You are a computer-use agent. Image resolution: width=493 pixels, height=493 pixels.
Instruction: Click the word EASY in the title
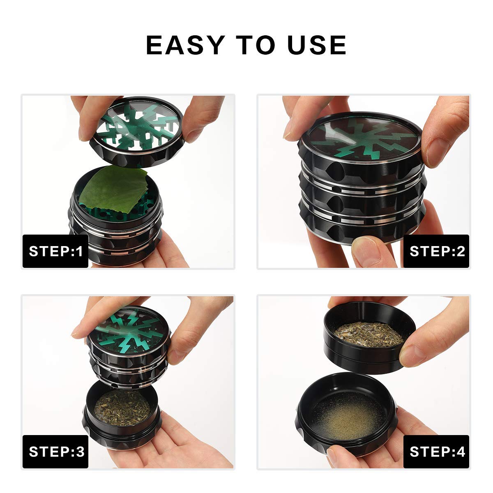click(x=185, y=45)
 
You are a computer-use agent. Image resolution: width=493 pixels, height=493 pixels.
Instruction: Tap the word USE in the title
click(x=317, y=45)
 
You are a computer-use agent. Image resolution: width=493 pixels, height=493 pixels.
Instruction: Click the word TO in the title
click(x=256, y=45)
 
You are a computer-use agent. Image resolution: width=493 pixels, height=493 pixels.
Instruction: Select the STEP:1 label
click(x=55, y=251)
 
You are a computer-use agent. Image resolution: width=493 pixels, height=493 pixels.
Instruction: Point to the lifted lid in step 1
click(x=137, y=132)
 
